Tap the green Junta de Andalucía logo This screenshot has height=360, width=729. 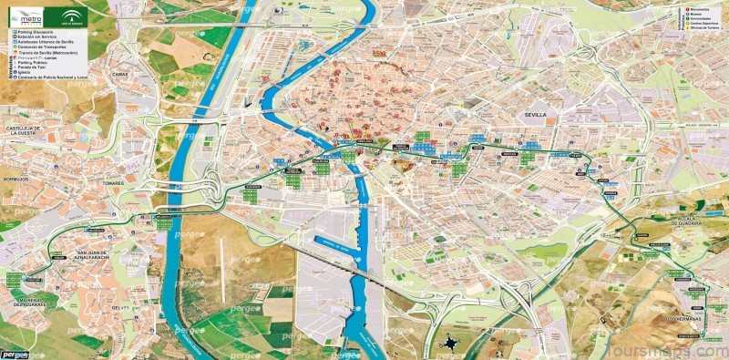coord(71,15)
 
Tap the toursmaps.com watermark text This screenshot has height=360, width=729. coord(670,349)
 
